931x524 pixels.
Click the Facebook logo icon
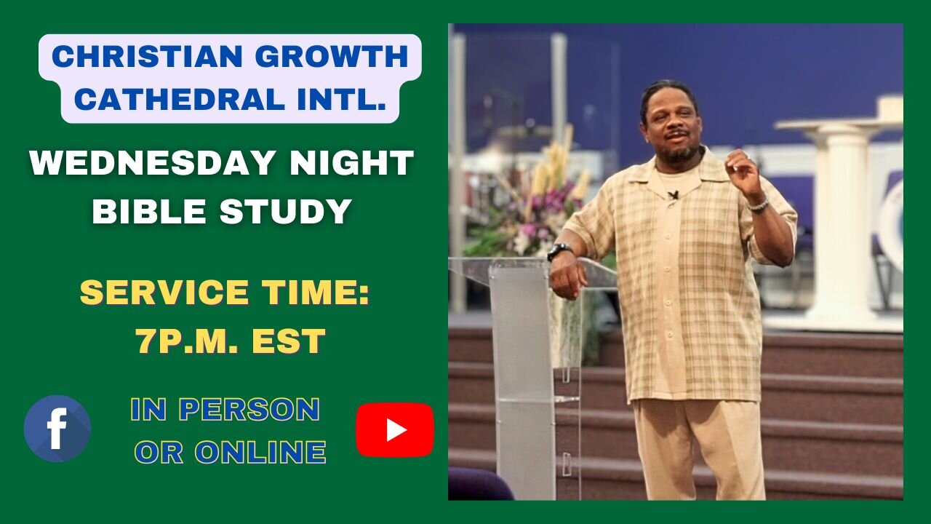(57, 429)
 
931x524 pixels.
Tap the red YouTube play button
(394, 429)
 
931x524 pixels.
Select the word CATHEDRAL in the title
(170, 99)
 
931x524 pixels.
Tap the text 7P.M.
(182, 342)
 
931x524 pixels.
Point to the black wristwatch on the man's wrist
(559, 251)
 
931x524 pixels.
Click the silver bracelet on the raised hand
(759, 206)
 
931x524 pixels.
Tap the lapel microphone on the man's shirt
(674, 195)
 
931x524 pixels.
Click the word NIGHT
(351, 164)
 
